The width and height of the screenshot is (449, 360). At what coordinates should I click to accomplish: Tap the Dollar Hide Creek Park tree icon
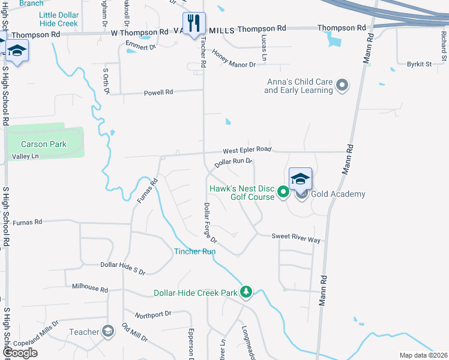[x=246, y=292]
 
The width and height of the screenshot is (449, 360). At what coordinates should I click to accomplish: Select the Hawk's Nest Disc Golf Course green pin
[x=283, y=193]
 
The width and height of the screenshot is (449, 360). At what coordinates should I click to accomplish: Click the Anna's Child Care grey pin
[x=342, y=85]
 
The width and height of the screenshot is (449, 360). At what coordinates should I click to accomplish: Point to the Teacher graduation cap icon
[x=108, y=331]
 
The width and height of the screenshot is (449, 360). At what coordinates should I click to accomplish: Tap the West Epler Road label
[x=247, y=149]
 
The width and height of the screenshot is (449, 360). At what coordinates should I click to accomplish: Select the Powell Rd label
[x=158, y=92]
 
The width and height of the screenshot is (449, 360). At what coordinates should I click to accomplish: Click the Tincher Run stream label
[x=194, y=251]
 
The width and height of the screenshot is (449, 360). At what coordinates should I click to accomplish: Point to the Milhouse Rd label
[x=89, y=289]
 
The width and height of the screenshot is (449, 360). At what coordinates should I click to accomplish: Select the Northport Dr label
[x=153, y=314]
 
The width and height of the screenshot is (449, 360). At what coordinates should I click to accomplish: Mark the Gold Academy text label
[x=339, y=194]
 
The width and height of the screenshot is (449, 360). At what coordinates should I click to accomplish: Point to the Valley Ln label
[x=25, y=157]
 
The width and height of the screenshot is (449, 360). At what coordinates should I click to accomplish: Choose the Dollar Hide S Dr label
[x=122, y=268]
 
